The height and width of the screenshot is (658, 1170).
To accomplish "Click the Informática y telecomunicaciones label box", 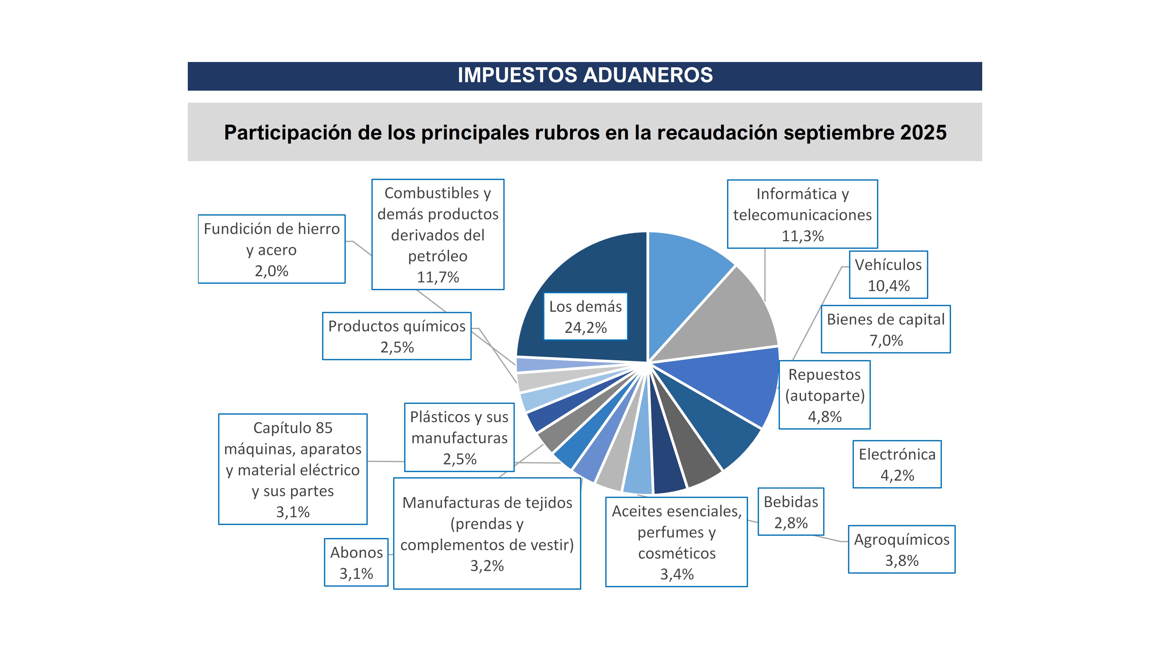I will pos(802,214).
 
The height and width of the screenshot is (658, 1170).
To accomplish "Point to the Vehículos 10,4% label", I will pos(888,275).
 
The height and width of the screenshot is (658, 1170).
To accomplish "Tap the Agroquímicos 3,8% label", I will pos(901,550).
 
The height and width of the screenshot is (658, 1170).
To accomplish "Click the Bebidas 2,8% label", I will pos(790,512).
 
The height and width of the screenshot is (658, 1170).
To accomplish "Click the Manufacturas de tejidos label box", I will pos(487,534).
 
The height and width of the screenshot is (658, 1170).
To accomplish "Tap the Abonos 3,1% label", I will pos(356,562).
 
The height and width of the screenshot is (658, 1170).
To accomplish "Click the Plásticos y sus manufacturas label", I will pos(459,437).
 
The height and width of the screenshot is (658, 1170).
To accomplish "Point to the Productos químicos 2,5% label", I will pos(397,336).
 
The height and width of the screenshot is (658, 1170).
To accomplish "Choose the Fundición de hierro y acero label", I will pos(272,249).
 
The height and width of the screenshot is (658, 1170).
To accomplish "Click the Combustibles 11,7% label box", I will pos(438,234).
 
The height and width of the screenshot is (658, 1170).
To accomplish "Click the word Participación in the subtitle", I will pos(288,132).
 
